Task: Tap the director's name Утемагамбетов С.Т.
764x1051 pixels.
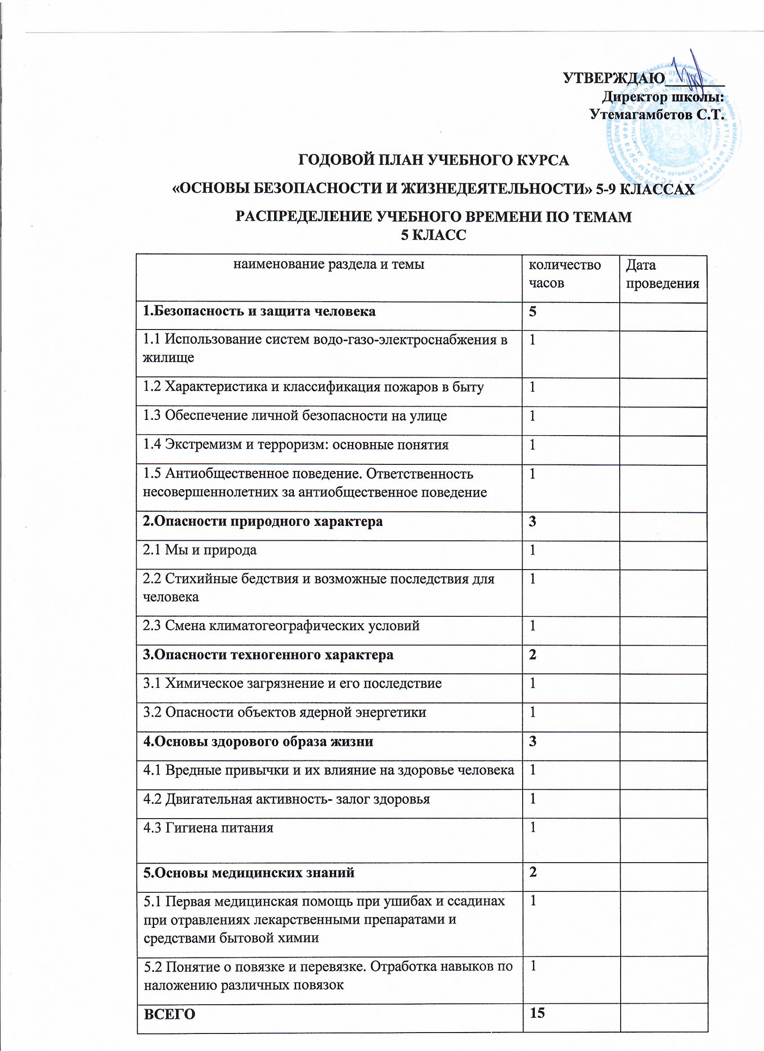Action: pyautogui.click(x=657, y=114)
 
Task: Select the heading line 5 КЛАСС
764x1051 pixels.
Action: pyautogui.click(x=433, y=236)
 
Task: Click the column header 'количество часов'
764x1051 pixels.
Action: pyautogui.click(x=564, y=274)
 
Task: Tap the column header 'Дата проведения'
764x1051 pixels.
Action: pyautogui.click(x=662, y=274)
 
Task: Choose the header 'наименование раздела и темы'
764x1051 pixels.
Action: pyautogui.click(x=329, y=265)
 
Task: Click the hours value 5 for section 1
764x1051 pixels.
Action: pyautogui.click(x=533, y=312)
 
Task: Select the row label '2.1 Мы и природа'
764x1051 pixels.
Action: pyautogui.click(x=200, y=550)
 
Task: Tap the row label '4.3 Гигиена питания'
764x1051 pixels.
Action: pyautogui.click(x=208, y=827)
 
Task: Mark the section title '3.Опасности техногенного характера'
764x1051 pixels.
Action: pyautogui.click(x=268, y=655)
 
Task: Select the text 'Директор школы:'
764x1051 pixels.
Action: pyautogui.click(x=662, y=97)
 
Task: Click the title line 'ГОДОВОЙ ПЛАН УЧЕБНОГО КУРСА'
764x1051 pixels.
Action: pyautogui.click(x=433, y=160)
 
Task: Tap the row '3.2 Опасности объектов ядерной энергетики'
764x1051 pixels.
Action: pyautogui.click(x=284, y=712)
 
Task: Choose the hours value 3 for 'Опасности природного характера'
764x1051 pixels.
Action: pyautogui.click(x=533, y=521)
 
